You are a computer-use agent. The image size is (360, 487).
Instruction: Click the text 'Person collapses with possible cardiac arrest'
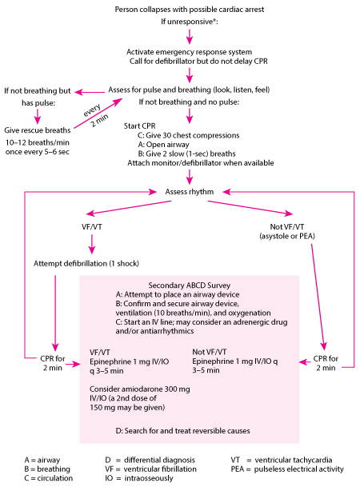point(190,8)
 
